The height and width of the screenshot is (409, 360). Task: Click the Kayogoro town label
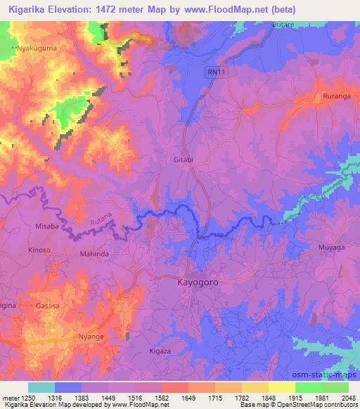tap(192, 283)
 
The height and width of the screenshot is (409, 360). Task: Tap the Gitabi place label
tap(184, 160)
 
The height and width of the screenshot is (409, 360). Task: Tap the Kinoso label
tap(39, 250)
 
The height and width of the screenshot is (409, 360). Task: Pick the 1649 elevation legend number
tap(188, 397)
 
